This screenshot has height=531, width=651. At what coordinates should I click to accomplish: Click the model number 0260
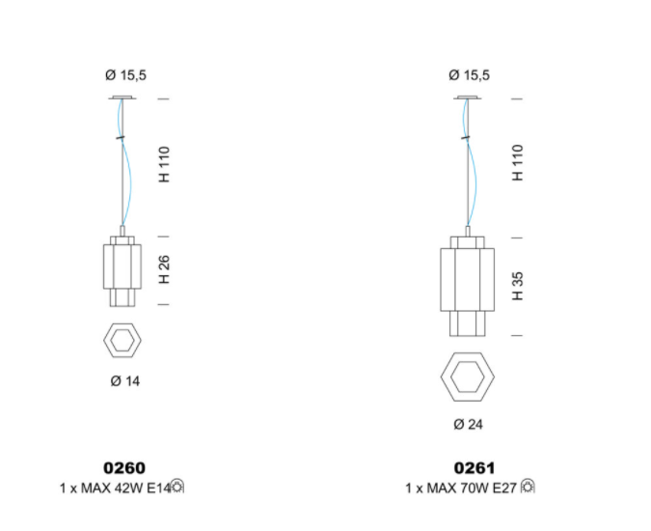click(124, 468)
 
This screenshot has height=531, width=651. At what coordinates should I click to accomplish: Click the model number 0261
click(475, 468)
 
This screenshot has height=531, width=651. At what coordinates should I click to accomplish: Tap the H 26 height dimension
click(164, 269)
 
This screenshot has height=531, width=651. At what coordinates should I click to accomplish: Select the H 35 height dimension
click(517, 287)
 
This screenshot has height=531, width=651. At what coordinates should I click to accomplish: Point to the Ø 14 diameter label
click(125, 381)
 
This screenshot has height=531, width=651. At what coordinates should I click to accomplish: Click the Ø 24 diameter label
click(469, 424)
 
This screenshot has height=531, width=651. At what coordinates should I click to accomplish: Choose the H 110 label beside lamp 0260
click(164, 164)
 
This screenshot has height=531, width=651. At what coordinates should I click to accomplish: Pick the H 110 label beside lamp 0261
click(517, 163)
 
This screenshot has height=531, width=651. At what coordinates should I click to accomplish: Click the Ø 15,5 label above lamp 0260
click(125, 75)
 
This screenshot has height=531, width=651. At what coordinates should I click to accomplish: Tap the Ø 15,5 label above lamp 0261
click(469, 75)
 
